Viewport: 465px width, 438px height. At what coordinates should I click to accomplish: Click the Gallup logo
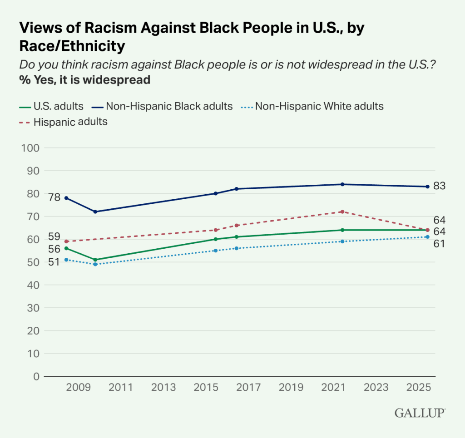[420, 413]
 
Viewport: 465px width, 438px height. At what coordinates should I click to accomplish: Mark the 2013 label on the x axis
[163, 387]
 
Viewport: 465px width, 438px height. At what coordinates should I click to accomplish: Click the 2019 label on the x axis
[292, 387]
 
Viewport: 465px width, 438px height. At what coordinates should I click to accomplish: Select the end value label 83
[440, 186]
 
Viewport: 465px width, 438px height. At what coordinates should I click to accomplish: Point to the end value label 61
[440, 244]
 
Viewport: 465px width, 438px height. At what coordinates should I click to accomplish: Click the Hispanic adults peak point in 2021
[342, 212]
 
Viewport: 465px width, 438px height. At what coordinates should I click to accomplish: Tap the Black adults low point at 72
[95, 212]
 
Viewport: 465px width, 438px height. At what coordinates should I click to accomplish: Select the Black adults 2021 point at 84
[342, 184]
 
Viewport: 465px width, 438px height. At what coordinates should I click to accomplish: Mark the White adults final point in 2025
[427, 237]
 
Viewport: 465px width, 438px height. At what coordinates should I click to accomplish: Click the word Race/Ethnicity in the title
[72, 46]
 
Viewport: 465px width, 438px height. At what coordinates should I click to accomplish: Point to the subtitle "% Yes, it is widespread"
[85, 80]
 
